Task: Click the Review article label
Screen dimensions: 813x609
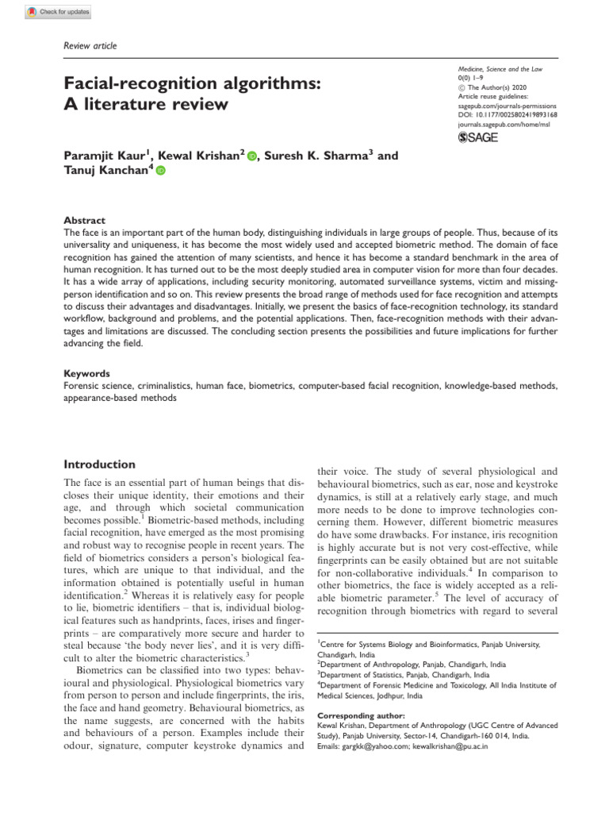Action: click(90, 46)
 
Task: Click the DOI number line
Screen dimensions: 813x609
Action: click(508, 115)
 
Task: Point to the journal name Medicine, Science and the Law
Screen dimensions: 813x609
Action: click(501, 71)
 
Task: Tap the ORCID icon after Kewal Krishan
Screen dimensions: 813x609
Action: click(252, 156)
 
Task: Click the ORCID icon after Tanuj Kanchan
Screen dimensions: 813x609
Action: click(161, 171)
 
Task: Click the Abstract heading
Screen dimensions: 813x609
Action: click(83, 220)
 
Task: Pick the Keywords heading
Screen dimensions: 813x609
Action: click(86, 373)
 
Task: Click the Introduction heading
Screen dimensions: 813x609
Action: click(99, 464)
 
